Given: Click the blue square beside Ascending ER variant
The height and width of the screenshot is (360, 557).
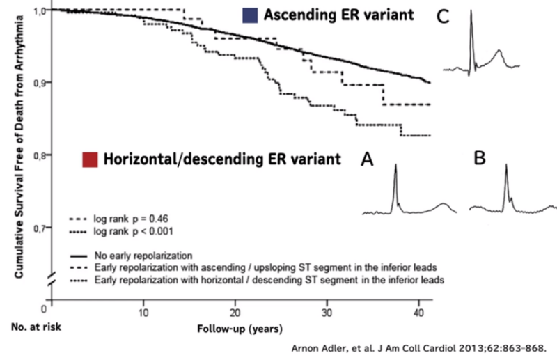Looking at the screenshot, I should tap(251, 15).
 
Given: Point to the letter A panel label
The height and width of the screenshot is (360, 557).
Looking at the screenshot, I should tap(367, 161).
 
